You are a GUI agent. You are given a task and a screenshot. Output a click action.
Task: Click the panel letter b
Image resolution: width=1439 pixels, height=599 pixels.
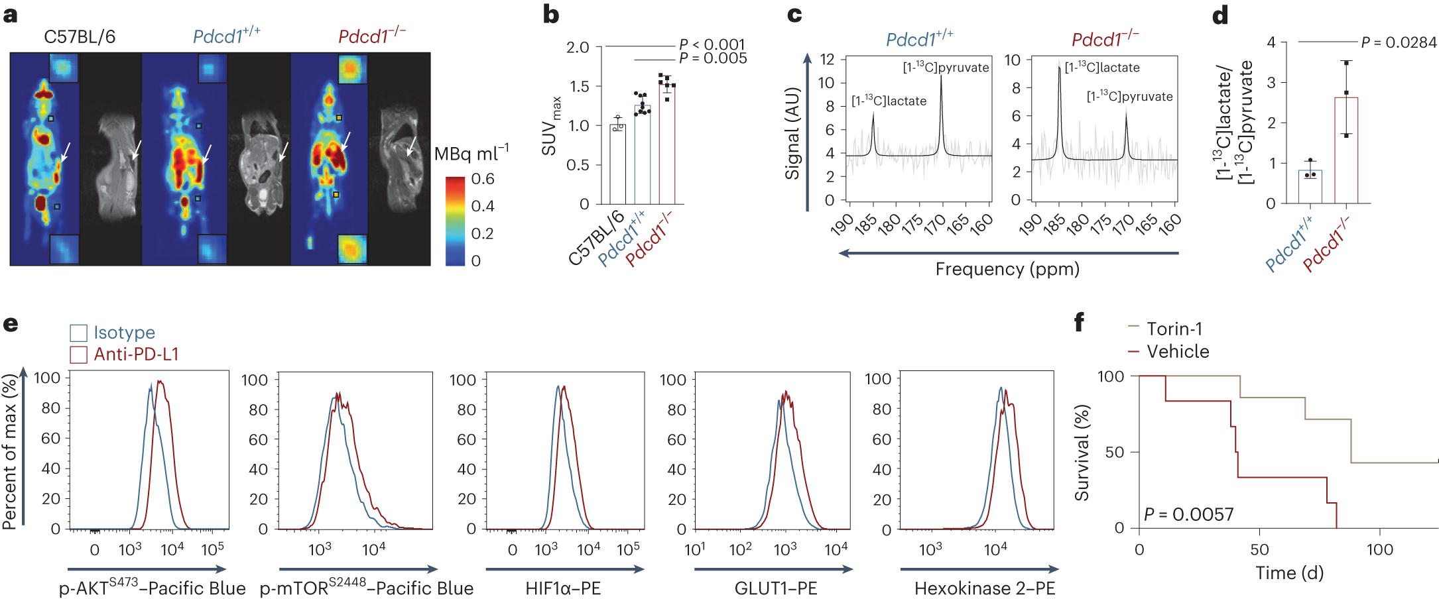click(x=550, y=15)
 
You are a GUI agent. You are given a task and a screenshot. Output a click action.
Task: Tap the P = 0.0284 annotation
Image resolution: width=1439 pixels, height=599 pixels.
click(x=1399, y=42)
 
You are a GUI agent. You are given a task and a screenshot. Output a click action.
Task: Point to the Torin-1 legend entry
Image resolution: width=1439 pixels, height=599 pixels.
click(x=1174, y=329)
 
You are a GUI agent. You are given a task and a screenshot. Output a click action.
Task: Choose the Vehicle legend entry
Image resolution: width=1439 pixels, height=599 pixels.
click(x=1177, y=351)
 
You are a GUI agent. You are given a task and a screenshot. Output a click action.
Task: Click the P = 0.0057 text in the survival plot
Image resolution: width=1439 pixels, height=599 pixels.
click(x=1188, y=514)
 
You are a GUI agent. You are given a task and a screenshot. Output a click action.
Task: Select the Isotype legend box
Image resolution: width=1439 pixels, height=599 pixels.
click(x=79, y=333)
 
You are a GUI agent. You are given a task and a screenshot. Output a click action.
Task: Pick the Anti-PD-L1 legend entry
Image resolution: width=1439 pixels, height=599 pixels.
click(x=136, y=354)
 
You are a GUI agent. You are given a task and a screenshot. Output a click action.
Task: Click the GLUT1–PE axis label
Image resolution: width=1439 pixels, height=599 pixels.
click(x=775, y=588)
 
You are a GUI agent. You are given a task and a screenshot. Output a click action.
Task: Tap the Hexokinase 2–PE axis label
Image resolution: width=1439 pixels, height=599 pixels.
click(x=984, y=588)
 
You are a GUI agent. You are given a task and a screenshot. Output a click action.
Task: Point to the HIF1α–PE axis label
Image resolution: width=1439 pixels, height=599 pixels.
click(x=563, y=588)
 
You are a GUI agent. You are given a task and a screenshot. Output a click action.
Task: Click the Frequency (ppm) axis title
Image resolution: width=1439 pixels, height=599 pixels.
click(x=1007, y=269)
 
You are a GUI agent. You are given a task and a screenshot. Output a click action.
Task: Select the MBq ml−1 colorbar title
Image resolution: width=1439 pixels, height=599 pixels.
click(x=471, y=154)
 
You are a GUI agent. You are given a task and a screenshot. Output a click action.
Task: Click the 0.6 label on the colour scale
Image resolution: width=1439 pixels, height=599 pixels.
click(x=482, y=179)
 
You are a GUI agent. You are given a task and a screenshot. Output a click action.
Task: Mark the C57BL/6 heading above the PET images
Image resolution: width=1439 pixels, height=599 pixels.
click(x=80, y=36)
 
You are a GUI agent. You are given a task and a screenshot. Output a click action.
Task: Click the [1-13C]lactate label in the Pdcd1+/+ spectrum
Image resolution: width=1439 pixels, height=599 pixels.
click(x=889, y=101)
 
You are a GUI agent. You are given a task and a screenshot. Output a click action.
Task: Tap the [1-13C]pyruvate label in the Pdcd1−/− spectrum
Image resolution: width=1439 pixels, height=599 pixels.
click(x=1129, y=97)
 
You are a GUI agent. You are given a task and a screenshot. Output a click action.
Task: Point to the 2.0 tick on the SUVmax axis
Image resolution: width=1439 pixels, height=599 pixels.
click(x=577, y=47)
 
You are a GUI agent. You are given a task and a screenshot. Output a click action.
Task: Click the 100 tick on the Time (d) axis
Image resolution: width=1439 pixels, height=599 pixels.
click(x=1379, y=549)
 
